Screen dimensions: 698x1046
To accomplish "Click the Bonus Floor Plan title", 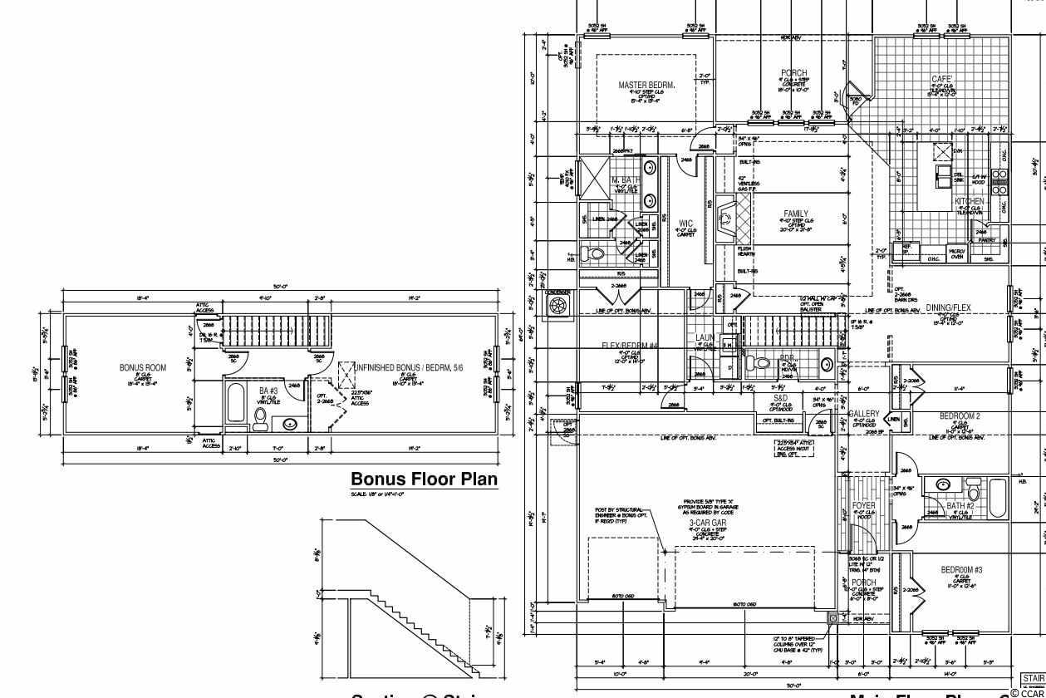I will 424,479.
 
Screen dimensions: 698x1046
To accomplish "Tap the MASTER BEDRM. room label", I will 646,85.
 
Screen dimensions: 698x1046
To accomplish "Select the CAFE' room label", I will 941,79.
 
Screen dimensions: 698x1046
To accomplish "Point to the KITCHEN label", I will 970,201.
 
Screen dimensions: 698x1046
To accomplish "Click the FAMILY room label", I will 795,214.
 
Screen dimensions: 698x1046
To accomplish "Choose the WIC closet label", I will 685,224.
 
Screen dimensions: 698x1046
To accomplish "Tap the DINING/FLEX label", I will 949,307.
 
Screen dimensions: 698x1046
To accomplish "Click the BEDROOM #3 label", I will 961,569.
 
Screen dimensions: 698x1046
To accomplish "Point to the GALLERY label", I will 864,413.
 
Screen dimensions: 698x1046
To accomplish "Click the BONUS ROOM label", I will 143,367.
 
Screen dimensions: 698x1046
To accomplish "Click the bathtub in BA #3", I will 235,407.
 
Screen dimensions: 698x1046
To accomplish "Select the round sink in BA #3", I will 289,425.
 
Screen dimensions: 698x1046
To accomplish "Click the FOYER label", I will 864,505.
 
